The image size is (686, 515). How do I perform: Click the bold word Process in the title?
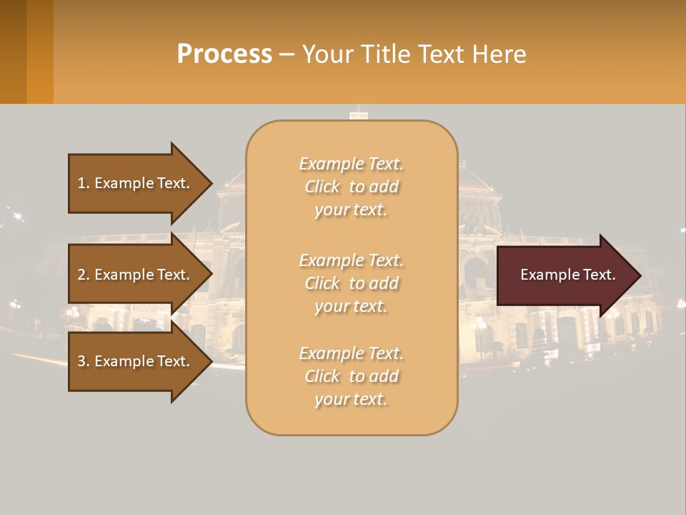(x=224, y=54)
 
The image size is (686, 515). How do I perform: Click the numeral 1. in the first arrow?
(x=84, y=183)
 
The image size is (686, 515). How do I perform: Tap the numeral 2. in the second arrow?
(x=84, y=275)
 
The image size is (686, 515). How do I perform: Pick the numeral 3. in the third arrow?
(x=84, y=361)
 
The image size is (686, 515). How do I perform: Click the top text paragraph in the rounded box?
(x=351, y=187)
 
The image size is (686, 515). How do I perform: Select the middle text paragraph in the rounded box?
(x=351, y=283)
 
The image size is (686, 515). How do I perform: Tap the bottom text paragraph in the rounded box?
(x=351, y=376)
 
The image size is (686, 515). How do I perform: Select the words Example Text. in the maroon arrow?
(x=567, y=275)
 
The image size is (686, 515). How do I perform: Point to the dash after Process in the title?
(x=287, y=54)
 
